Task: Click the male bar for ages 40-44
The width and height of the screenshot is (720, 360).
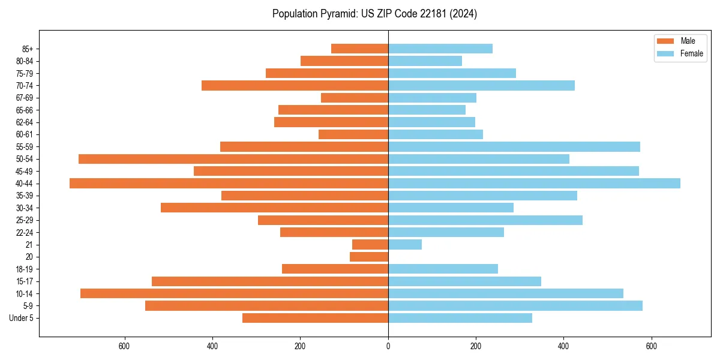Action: pyautogui.click(x=229, y=184)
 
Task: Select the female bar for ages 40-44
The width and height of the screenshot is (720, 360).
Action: pyautogui.click(x=534, y=184)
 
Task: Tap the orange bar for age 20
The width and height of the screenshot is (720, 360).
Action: pyautogui.click(x=369, y=257)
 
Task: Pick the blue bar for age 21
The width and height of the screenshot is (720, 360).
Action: pyautogui.click(x=405, y=245)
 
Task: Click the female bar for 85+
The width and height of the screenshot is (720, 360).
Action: pyautogui.click(x=440, y=49)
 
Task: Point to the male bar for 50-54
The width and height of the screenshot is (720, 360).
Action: pyautogui.click(x=233, y=159)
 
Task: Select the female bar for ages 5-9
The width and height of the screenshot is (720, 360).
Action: pyautogui.click(x=515, y=306)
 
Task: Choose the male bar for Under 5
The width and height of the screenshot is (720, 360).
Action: pyautogui.click(x=315, y=318)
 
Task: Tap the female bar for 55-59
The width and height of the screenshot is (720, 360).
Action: pyautogui.click(x=514, y=147)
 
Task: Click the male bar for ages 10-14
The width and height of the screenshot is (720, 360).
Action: pyautogui.click(x=234, y=293)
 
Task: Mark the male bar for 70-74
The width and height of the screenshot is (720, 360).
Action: pyautogui.click(x=295, y=86)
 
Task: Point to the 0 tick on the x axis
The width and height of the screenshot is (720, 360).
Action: pyautogui.click(x=388, y=346)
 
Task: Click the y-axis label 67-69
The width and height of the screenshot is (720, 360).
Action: pyautogui.click(x=25, y=98)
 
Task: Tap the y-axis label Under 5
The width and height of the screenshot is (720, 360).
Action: pyautogui.click(x=21, y=318)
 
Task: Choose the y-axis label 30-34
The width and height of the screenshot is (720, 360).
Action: pyautogui.click(x=25, y=208)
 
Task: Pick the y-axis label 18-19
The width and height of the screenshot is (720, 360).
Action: pyautogui.click(x=25, y=269)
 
